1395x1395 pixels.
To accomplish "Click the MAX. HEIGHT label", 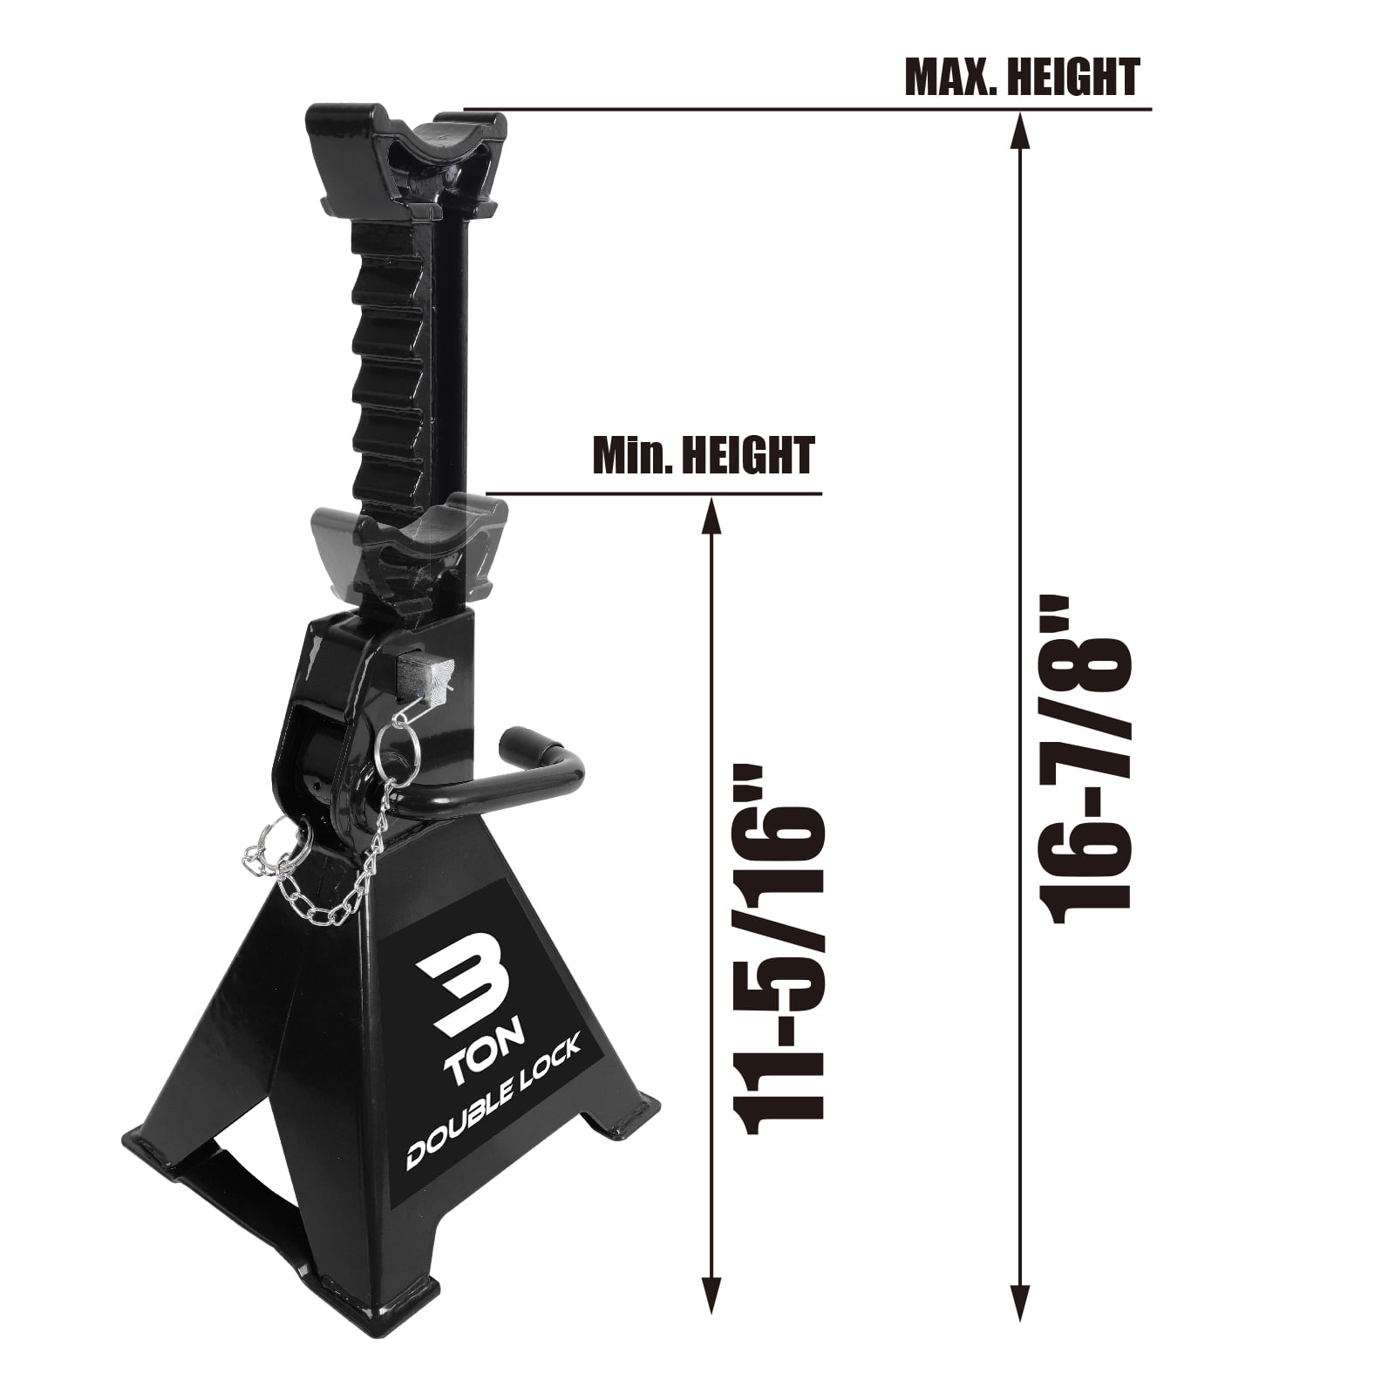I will (1022, 77).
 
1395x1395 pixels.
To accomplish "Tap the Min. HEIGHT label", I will (703, 455).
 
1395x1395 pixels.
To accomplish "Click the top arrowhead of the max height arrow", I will (1020, 127).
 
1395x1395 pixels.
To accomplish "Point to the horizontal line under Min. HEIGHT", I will (654, 494).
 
